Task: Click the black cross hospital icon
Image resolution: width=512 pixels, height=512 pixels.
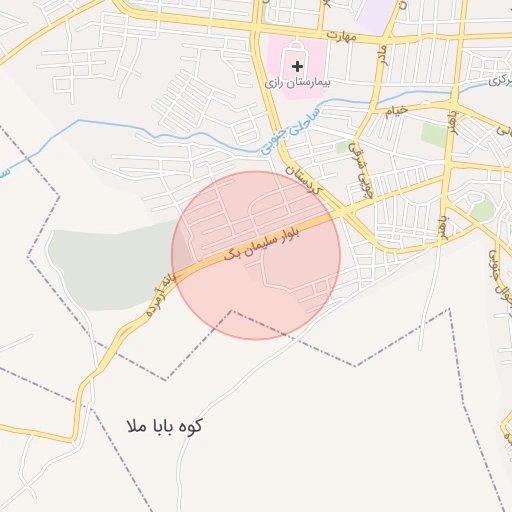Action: (297, 66)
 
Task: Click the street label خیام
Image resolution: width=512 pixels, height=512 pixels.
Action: (397, 110)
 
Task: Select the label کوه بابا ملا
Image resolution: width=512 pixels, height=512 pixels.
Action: (165, 426)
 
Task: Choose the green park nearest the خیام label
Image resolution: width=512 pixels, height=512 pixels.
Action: (433, 134)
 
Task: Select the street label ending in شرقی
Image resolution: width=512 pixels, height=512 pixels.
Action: (362, 172)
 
